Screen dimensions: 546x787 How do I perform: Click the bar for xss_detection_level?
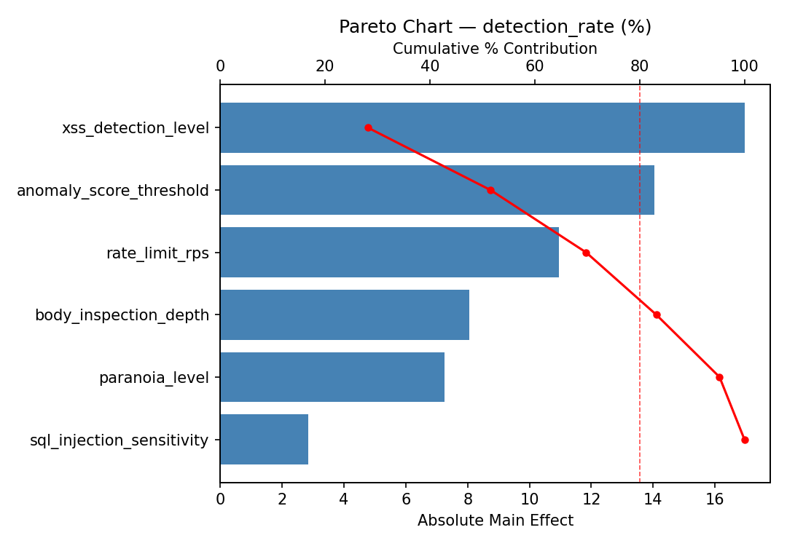[x=482, y=128]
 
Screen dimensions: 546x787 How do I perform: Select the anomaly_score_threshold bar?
[x=436, y=190]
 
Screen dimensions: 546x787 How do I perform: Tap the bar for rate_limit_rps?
[x=389, y=253]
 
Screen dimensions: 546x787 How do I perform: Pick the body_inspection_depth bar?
[x=344, y=314]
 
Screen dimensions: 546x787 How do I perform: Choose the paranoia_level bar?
[x=332, y=377]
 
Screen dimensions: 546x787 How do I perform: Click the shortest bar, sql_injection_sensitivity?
[x=264, y=440]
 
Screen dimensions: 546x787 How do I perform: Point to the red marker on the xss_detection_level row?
[x=368, y=128]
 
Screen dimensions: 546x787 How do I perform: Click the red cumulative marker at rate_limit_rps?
[x=586, y=253]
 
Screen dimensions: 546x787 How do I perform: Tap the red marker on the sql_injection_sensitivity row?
[x=745, y=440]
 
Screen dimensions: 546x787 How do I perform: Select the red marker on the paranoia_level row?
[x=719, y=377]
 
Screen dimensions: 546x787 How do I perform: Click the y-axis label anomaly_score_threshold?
[x=113, y=191]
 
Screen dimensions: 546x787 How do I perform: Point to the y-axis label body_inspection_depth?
[x=122, y=315]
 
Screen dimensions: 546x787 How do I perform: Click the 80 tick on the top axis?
[x=640, y=66]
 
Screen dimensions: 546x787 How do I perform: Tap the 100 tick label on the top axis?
[x=744, y=66]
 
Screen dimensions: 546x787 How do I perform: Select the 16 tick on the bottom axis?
[x=714, y=499]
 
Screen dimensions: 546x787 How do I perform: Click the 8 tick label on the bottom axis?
[x=467, y=499]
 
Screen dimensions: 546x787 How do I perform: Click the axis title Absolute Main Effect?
[x=495, y=521]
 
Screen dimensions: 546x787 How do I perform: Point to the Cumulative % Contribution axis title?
[x=495, y=49]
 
